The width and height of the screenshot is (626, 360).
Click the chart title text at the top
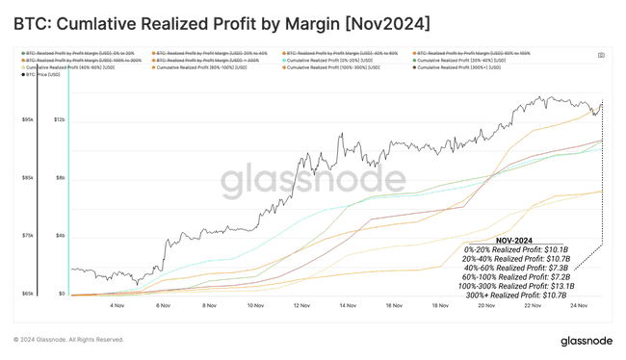(x=222, y=21)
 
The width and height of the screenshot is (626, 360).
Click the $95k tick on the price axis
(x=29, y=119)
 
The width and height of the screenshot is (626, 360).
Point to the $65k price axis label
(x=29, y=294)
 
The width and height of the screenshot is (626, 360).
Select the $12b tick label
(x=59, y=119)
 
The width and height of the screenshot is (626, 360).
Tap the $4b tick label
(x=60, y=236)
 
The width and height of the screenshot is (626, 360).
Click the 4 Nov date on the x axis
(x=117, y=305)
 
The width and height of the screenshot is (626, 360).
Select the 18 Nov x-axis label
(x=440, y=305)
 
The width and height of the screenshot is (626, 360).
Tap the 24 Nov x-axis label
(x=578, y=305)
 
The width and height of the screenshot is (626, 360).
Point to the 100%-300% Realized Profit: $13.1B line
(x=516, y=286)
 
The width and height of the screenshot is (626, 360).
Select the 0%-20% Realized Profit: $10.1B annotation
(x=516, y=250)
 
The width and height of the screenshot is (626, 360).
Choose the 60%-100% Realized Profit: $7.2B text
(x=516, y=277)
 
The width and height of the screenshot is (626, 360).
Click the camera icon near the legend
(x=601, y=55)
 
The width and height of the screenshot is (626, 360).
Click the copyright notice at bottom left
(x=69, y=340)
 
